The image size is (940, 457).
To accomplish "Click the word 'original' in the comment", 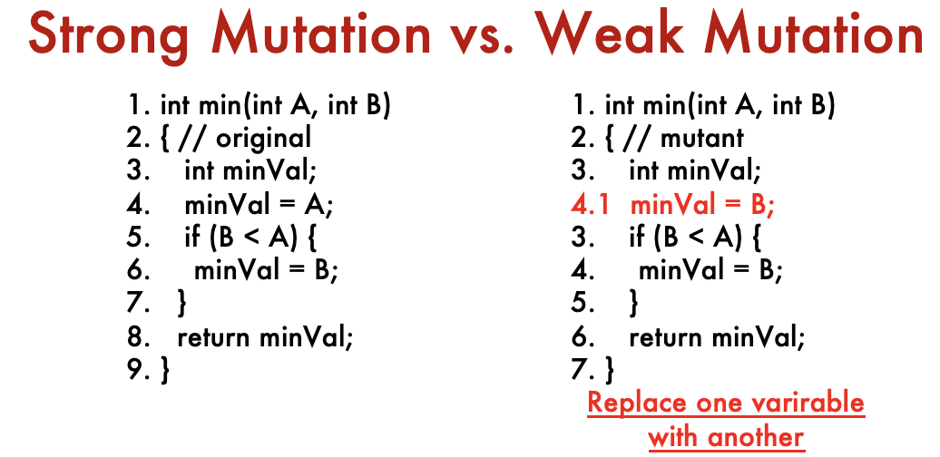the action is coord(264,139).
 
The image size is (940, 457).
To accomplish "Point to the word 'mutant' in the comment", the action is coord(702,139).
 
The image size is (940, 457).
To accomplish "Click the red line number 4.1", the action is coord(590,206).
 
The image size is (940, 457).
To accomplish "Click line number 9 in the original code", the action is coord(136,370).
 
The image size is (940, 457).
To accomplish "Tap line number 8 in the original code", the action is coord(136,338).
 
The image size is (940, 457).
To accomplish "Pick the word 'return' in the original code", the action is coord(213,338).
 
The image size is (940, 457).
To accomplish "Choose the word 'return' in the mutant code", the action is coord(665,338).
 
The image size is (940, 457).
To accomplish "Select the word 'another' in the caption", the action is coord(757,437).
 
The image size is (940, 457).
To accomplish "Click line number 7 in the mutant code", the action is coord(581,370).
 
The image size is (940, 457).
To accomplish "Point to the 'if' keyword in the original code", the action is coord(191,238).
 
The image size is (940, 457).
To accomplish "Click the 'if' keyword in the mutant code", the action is coord(636,238).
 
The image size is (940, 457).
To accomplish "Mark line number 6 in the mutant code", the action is coord(581,338).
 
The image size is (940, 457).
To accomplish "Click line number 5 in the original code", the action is coord(136,238).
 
